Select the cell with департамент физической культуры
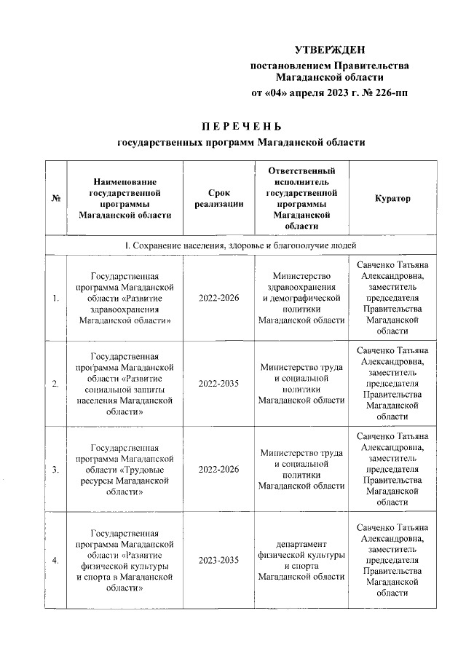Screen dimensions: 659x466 pos(301,560)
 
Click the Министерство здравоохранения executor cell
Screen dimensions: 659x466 pos(301,298)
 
